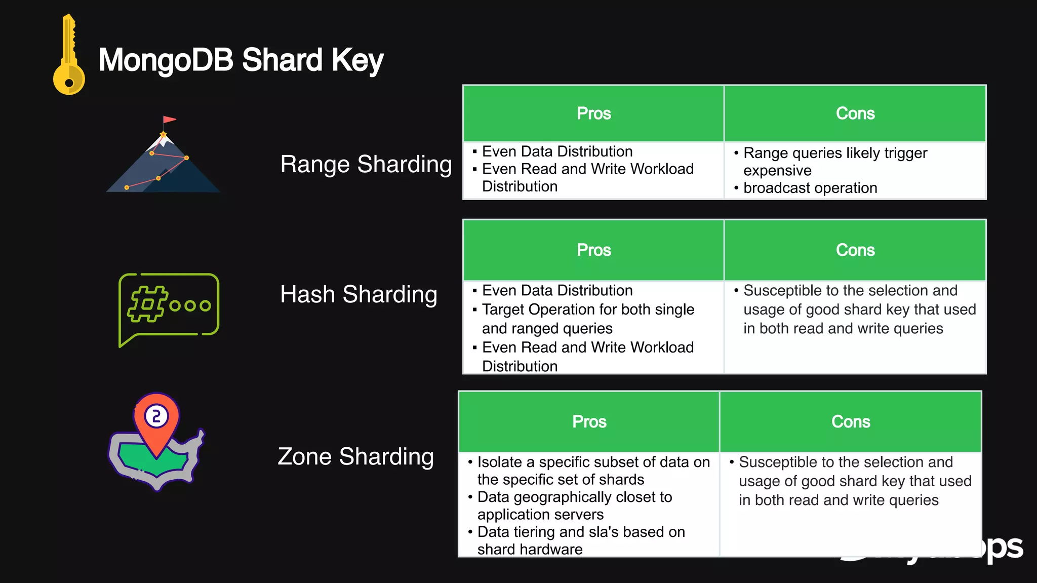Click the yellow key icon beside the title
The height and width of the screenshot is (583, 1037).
pyautogui.click(x=69, y=56)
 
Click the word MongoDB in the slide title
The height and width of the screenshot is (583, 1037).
pyautogui.click(x=166, y=60)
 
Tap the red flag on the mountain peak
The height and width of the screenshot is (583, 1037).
pyautogui.click(x=169, y=120)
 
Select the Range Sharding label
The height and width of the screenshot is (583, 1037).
pyautogui.click(x=366, y=164)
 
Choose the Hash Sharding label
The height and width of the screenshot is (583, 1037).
pyautogui.click(x=358, y=294)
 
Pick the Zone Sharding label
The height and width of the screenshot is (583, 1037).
pyautogui.click(x=355, y=456)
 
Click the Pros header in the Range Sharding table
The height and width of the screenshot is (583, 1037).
pyautogui.click(x=593, y=113)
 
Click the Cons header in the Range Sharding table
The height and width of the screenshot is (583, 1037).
pyautogui.click(x=855, y=113)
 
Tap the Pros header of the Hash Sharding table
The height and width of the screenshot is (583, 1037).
pyautogui.click(x=593, y=250)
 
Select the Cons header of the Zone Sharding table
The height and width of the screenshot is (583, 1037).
pyautogui.click(x=850, y=422)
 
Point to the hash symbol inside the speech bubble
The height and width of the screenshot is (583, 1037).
pyautogui.click(x=147, y=304)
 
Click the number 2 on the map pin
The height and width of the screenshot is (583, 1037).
pyautogui.click(x=156, y=416)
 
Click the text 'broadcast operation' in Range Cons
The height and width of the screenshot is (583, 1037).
pyautogui.click(x=810, y=188)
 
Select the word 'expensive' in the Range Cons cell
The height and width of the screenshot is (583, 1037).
pyautogui.click(x=777, y=171)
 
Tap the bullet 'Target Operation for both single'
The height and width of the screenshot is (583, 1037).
pyautogui.click(x=587, y=309)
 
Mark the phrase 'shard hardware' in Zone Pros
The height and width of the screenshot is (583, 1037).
pyautogui.click(x=530, y=549)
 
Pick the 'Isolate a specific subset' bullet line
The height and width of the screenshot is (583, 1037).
pyautogui.click(x=593, y=462)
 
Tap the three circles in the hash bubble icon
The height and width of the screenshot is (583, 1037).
pyautogui.click(x=190, y=305)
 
